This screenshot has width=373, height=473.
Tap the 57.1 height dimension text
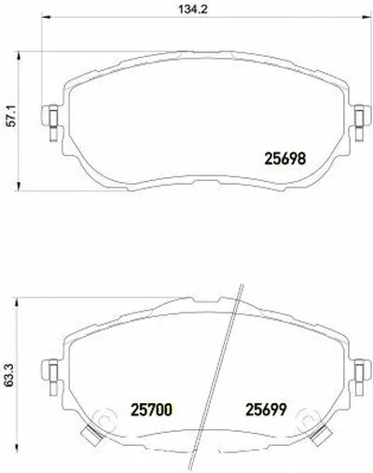pos(12,120)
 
